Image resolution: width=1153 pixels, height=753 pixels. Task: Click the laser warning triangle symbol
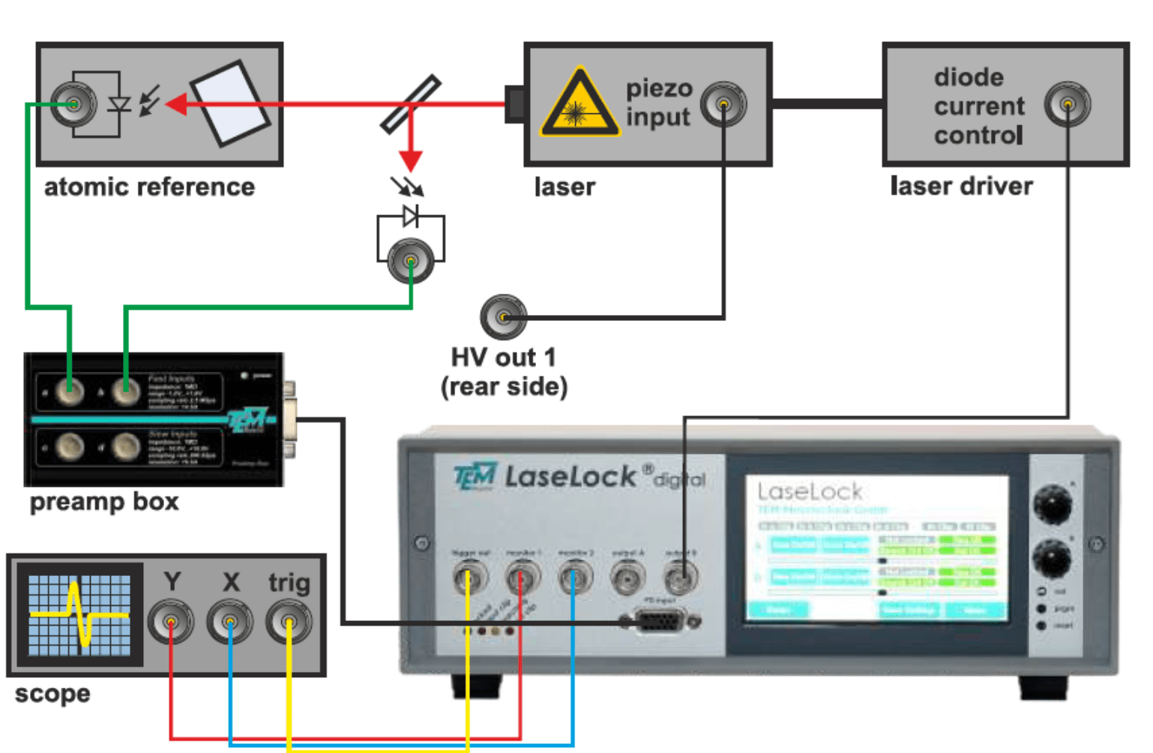coord(579,105)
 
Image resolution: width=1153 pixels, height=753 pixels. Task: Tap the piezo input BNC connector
coord(723,104)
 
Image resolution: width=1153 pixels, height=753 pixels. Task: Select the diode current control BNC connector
coord(1067,104)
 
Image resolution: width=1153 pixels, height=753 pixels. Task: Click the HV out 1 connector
coord(503,317)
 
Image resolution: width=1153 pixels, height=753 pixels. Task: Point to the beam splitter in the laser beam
coord(410,104)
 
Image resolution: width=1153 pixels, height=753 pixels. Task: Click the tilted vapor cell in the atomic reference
coord(230,103)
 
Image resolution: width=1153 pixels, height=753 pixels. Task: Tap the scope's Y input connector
coord(171,622)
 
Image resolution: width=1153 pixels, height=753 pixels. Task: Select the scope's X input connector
coord(229,622)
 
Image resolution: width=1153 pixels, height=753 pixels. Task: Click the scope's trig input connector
coord(289,622)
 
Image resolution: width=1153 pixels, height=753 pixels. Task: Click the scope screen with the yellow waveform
coord(79,615)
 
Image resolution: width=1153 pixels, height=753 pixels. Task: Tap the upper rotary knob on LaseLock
coord(1052,503)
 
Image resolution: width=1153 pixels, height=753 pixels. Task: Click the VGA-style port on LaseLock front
coord(660,621)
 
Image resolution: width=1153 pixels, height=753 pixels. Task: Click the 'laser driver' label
coord(961,186)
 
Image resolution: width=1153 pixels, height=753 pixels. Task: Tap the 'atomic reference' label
coord(149,187)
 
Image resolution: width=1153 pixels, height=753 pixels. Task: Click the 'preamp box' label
coord(104,501)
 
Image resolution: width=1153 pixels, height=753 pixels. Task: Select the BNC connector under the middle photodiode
coord(410,260)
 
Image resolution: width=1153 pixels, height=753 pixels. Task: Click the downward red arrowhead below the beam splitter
coord(410,160)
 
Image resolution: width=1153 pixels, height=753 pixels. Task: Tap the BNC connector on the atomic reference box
coord(73,103)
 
